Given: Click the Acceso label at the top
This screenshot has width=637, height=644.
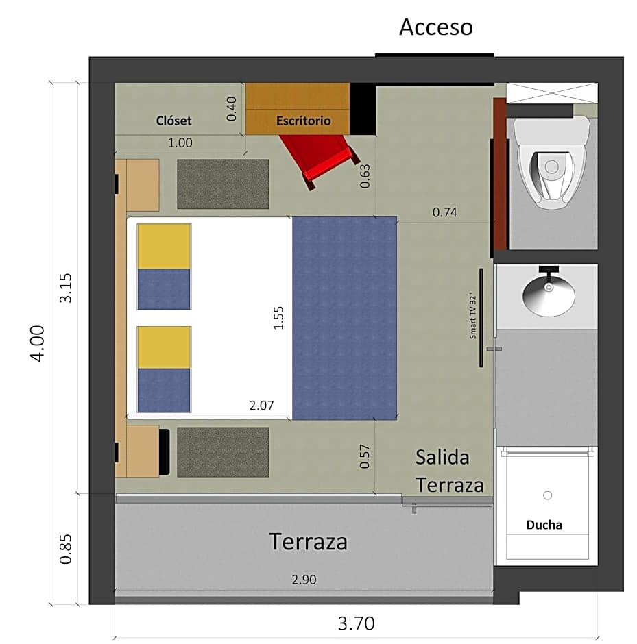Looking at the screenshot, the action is click(436, 27).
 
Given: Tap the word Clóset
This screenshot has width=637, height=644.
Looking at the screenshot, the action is click(174, 121).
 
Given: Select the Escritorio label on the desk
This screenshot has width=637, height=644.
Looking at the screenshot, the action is click(303, 121).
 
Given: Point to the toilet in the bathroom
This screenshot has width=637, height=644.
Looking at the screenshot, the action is click(551, 162).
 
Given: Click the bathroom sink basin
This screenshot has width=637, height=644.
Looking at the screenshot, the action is click(549, 294).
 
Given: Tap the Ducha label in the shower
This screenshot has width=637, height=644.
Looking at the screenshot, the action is click(544, 525).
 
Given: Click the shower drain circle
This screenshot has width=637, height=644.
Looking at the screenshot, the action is click(547, 495).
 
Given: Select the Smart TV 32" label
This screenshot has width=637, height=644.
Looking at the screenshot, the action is click(472, 316).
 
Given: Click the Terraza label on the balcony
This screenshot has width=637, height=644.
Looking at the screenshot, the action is click(309, 541).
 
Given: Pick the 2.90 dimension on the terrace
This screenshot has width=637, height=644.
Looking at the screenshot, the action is click(304, 580).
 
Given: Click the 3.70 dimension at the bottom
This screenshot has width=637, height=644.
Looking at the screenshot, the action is click(357, 623).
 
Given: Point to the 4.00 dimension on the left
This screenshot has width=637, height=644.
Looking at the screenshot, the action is click(38, 343).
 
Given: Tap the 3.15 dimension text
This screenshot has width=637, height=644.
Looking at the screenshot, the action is click(66, 288).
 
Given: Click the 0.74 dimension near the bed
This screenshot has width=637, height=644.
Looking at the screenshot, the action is click(445, 212).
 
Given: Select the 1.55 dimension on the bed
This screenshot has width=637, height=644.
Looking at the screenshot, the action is click(278, 318).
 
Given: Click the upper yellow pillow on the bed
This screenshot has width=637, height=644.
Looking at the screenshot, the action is click(164, 247).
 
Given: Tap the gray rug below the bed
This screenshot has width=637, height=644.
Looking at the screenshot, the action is click(223, 451).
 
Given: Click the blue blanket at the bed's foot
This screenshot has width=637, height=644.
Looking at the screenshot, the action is click(344, 319).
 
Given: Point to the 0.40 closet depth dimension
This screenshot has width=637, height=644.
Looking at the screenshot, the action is click(231, 109).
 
